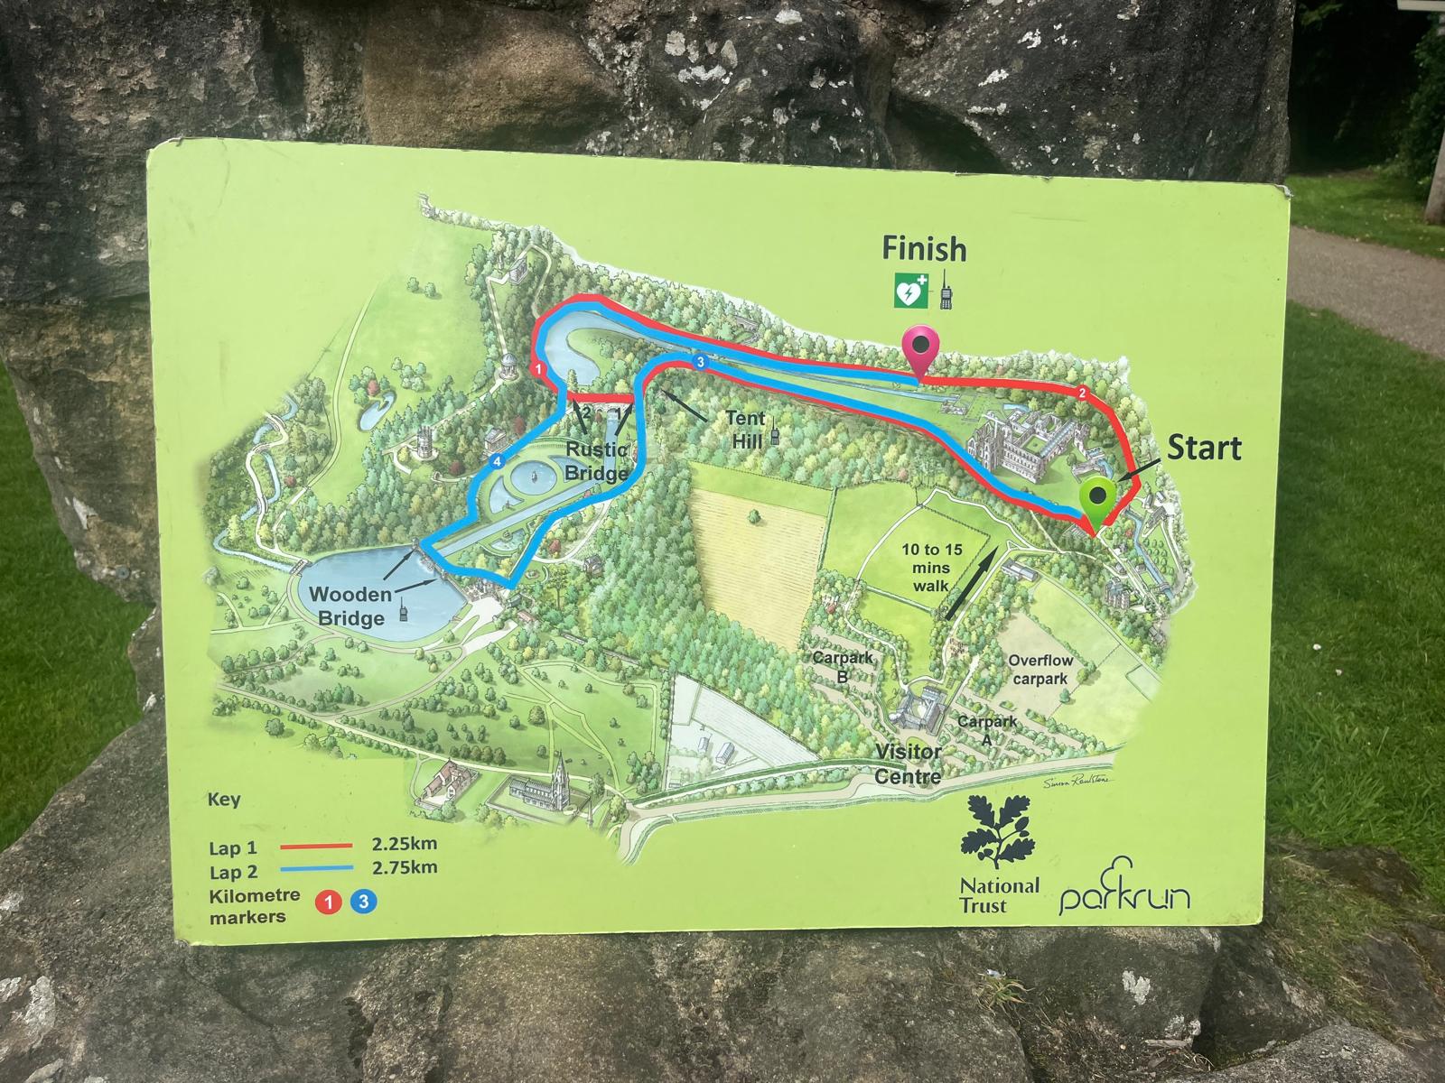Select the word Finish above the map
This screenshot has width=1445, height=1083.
[924, 248]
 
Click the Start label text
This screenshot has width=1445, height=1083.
[1204, 448]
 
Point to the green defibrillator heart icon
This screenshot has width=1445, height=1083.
[909, 292]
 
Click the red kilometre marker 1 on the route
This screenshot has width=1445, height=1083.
[539, 369]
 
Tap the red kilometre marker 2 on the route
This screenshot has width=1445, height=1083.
[1082, 392]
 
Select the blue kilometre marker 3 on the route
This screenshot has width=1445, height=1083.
[700, 362]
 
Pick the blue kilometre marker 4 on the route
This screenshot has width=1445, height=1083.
[497, 462]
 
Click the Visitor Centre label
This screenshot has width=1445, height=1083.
[908, 764]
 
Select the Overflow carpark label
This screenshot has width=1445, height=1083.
[1039, 670]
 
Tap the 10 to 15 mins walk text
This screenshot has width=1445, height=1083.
[931, 567]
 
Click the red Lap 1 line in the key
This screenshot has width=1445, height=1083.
[315, 847]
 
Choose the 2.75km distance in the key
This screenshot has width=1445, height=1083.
[405, 867]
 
